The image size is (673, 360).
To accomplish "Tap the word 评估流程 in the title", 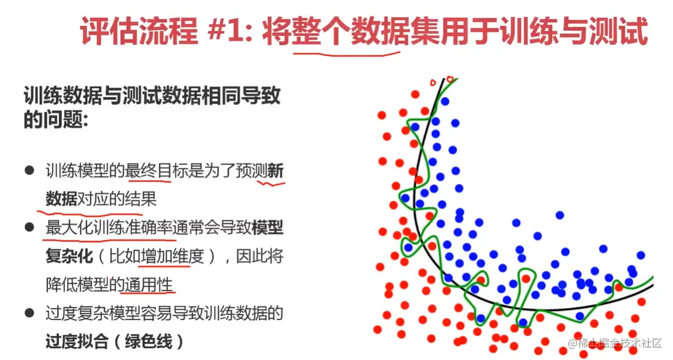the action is [138, 31].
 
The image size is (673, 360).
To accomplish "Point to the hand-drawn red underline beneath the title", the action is [346, 55].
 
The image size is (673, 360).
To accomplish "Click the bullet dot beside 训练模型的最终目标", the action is [29, 170].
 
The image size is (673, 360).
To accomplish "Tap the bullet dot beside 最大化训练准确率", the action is [29, 227].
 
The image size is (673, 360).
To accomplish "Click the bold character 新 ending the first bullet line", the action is [276, 171].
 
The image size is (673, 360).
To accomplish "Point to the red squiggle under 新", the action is [271, 184].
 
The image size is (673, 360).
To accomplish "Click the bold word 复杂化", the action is [69, 256].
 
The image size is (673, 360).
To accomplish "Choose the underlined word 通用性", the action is [148, 285].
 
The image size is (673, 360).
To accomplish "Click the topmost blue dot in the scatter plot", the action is [445, 101].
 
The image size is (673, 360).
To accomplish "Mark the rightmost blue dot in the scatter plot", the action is [641, 255].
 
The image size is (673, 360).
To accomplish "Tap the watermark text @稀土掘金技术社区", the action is [615, 343].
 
